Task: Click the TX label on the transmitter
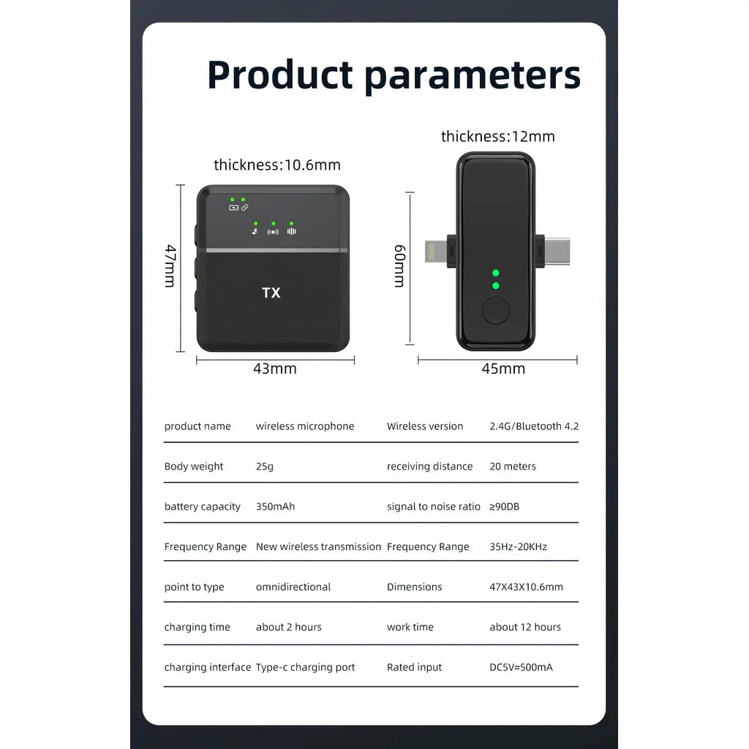pyautogui.click(x=271, y=293)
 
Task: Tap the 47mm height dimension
pyautogui.click(x=170, y=266)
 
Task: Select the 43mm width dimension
pyautogui.click(x=275, y=369)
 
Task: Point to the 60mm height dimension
pyautogui.click(x=400, y=266)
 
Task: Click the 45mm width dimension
pyautogui.click(x=503, y=369)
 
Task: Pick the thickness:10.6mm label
pyautogui.click(x=277, y=165)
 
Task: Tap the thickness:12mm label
pyautogui.click(x=497, y=137)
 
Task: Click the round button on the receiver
pyautogui.click(x=496, y=310)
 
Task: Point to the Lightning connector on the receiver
pyautogui.click(x=436, y=252)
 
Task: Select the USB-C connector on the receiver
pyautogui.click(x=557, y=252)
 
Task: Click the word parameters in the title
pyautogui.click(x=473, y=76)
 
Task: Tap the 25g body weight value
pyautogui.click(x=265, y=466)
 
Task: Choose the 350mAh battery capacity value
pyautogui.click(x=275, y=506)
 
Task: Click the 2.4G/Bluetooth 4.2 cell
pyautogui.click(x=534, y=426)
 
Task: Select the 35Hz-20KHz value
pyautogui.click(x=519, y=546)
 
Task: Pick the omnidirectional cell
pyautogui.click(x=293, y=587)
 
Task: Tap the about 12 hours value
pyautogui.click(x=525, y=627)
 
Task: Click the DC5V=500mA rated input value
pyautogui.click(x=521, y=667)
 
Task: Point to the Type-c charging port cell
pyautogui.click(x=305, y=667)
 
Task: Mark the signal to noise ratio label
pyautogui.click(x=434, y=506)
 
